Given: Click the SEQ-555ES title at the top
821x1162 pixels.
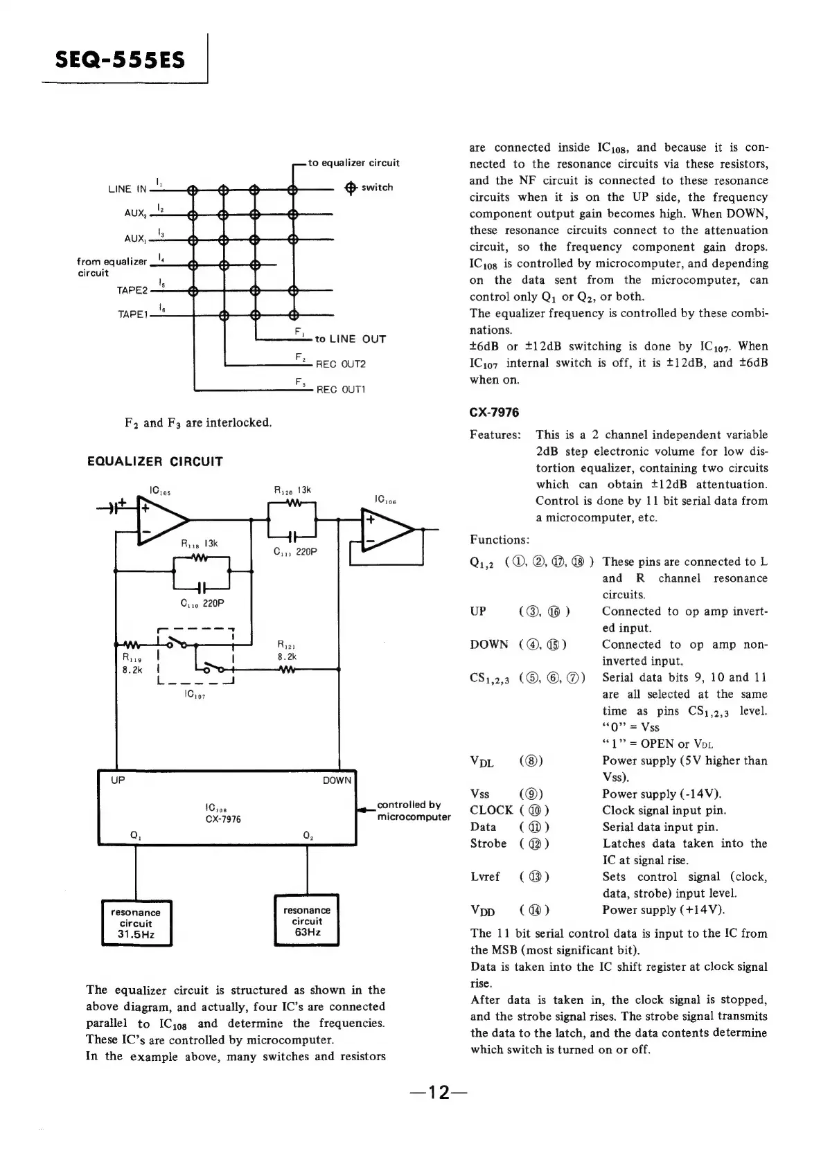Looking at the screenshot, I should (121, 60).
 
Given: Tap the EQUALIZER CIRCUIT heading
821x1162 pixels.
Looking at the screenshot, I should (155, 461).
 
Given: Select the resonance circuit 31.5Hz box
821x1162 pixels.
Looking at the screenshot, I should (136, 923).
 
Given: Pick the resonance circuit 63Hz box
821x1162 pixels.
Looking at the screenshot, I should (307, 921).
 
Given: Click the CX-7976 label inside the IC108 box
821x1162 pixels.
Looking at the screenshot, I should (223, 819).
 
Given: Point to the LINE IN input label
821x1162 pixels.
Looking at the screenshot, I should (127, 189).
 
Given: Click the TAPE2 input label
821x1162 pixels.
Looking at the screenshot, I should (132, 291).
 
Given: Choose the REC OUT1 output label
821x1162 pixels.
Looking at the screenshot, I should (341, 390).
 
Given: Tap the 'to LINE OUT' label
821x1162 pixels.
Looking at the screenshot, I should (350, 339).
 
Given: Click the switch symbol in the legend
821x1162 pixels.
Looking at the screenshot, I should (351, 188).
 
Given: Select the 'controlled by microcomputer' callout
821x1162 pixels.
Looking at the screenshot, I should (413, 811).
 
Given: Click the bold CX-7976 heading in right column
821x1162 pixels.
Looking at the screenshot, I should (494, 413).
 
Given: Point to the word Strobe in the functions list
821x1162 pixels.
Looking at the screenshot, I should (488, 843).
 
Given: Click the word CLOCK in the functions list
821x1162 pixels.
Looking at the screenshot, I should (491, 810).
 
